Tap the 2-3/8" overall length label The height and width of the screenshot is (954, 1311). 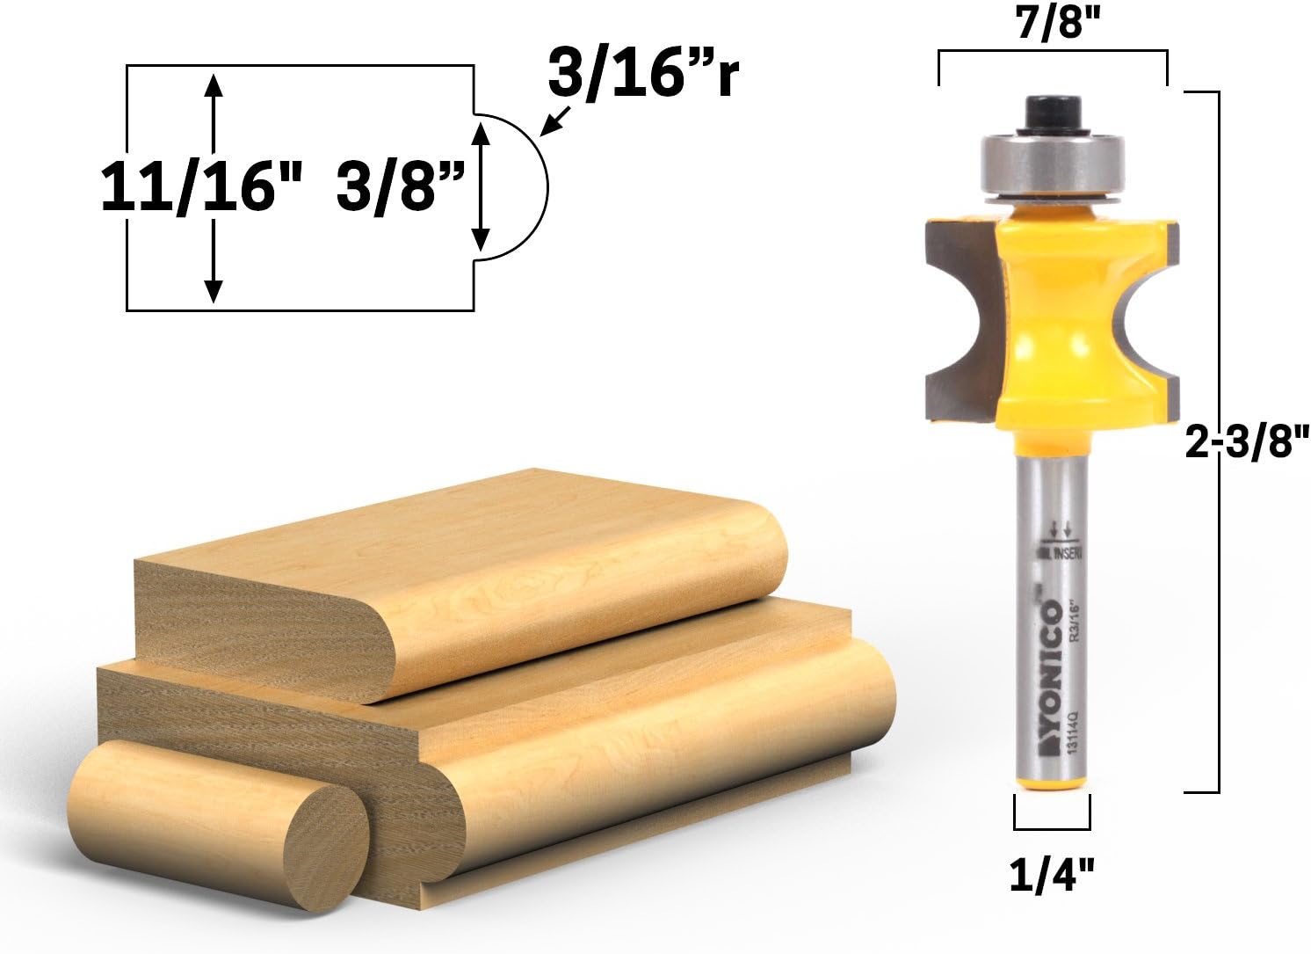1247,445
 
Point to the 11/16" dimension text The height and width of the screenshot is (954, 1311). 201,187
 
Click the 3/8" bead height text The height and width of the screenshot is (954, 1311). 400,187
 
